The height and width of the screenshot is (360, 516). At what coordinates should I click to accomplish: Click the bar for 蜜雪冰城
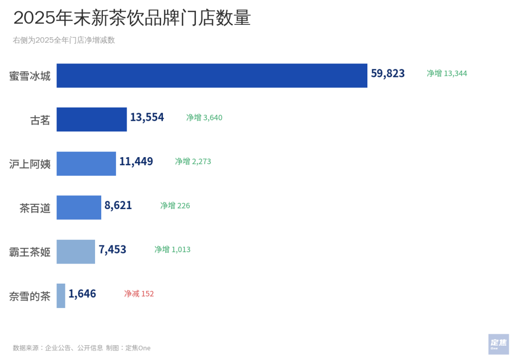tap(212, 75)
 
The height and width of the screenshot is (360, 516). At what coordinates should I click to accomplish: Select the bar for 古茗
tap(92, 119)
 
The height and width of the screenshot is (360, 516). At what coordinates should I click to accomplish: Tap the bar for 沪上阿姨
tap(86, 163)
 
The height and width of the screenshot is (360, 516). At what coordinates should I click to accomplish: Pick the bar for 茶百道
tap(79, 207)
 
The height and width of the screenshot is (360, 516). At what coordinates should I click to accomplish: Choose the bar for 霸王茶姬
tap(75, 251)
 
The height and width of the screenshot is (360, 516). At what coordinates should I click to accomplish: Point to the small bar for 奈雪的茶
tap(61, 296)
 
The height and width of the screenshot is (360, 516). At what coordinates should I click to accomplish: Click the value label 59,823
tap(387, 74)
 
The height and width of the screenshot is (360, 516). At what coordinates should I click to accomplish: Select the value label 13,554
tap(147, 117)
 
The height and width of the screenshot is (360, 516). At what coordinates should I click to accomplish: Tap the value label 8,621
tap(118, 205)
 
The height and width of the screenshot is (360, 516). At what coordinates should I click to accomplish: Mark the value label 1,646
tap(82, 294)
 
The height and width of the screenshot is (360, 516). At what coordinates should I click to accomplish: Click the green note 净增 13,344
tap(447, 74)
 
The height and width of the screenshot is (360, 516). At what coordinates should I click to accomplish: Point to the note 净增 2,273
tap(193, 161)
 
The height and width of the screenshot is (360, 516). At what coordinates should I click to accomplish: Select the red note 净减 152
tap(139, 294)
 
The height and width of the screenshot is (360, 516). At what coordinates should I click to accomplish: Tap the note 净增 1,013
tap(172, 249)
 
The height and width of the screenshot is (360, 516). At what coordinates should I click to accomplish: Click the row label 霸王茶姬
tap(30, 252)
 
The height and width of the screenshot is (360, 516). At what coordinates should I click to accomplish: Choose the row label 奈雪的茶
tap(30, 296)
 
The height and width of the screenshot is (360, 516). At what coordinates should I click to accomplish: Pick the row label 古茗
tap(40, 120)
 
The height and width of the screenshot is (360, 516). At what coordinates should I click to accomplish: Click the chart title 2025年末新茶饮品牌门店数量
tap(132, 18)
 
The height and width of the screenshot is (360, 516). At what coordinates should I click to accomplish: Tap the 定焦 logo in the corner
tap(498, 343)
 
